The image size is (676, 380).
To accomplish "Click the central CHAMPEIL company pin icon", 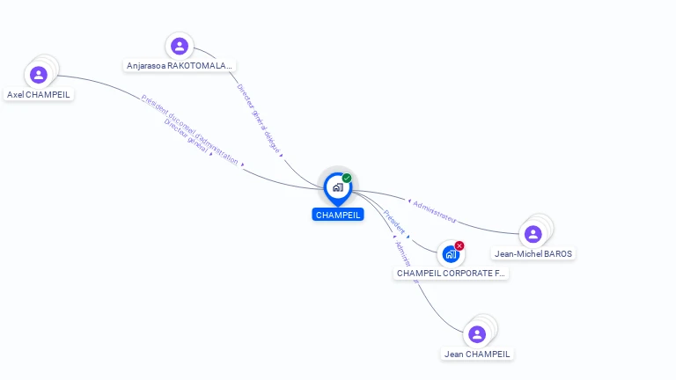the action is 337,187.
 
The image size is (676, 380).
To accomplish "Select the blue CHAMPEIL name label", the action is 338,215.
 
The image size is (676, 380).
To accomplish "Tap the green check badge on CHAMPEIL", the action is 347,178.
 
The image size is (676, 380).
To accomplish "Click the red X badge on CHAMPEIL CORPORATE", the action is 459,245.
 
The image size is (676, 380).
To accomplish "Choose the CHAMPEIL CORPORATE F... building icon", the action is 451,254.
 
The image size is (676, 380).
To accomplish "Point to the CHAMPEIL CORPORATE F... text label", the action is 451,274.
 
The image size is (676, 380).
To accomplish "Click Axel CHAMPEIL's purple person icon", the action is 38,75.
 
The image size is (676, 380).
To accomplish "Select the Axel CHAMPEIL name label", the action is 39,94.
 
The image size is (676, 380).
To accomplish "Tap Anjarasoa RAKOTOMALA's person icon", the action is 180,46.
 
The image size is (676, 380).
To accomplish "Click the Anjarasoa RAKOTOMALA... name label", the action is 180,65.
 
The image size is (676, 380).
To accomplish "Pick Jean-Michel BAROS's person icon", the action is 533,234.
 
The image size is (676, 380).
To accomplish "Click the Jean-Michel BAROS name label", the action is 533,254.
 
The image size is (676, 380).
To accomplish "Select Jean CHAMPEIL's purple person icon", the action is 477,334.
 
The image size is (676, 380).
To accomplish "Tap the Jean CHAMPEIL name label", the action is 477,354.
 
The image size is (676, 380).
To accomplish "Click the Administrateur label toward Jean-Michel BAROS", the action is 434,209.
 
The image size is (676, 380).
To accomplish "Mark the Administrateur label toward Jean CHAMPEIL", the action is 405,259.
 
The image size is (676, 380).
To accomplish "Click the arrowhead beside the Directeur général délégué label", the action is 281,155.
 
